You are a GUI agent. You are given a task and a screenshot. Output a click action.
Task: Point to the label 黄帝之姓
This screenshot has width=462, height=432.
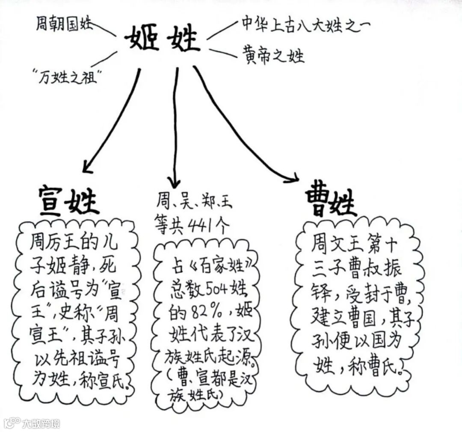274,56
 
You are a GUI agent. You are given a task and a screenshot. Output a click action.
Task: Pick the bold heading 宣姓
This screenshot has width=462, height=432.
68,200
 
